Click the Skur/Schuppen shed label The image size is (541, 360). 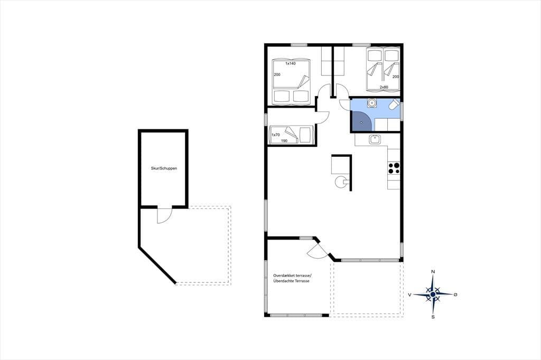pyautogui.click(x=164, y=168)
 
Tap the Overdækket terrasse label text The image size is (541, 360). pyautogui.click(x=292, y=276)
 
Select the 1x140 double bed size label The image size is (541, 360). pyautogui.click(x=290, y=63)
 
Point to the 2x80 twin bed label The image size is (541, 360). pyautogui.click(x=384, y=87)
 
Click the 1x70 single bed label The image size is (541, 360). pyautogui.click(x=275, y=135)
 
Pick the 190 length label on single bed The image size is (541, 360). pyautogui.click(x=284, y=141)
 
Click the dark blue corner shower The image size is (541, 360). pyautogui.click(x=361, y=121)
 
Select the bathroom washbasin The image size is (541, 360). pyautogui.click(x=372, y=103)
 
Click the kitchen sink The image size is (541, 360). pyautogui.click(x=375, y=139)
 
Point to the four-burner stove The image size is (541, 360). pyautogui.click(x=394, y=168)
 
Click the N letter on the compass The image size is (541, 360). pyautogui.click(x=433, y=272)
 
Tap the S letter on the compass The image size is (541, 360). pyautogui.click(x=433, y=317)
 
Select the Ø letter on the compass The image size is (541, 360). pyautogui.click(x=455, y=295)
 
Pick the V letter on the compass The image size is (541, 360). pyautogui.click(x=409, y=295)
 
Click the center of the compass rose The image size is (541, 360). pyautogui.click(x=433, y=295)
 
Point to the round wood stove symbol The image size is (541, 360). pyautogui.click(x=340, y=182)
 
